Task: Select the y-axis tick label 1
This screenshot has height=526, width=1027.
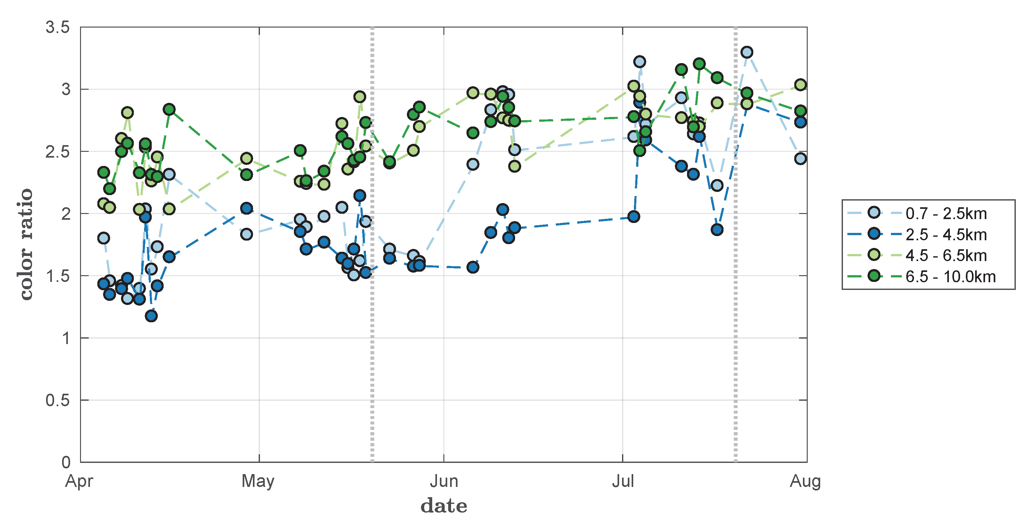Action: pos(66,339)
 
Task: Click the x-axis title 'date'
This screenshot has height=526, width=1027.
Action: pos(444,506)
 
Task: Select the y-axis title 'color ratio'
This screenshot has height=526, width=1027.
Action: pos(26,244)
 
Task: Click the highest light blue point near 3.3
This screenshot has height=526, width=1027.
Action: pos(747,52)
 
